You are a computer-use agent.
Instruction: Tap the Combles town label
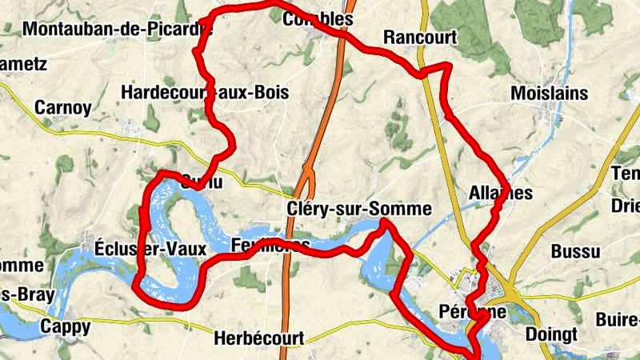[x=318, y=19]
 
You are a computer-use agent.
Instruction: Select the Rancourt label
[x=419, y=38]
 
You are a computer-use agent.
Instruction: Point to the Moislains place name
[x=550, y=94]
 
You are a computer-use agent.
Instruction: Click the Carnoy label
[x=62, y=108]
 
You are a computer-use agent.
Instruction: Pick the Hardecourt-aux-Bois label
[x=204, y=92]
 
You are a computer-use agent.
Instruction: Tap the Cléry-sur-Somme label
[x=358, y=210]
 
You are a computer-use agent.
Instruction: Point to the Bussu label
[x=574, y=252]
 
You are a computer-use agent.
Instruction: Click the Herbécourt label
[x=259, y=338]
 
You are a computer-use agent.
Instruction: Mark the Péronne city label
[x=473, y=311]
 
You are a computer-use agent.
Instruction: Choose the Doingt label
[x=551, y=332]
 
